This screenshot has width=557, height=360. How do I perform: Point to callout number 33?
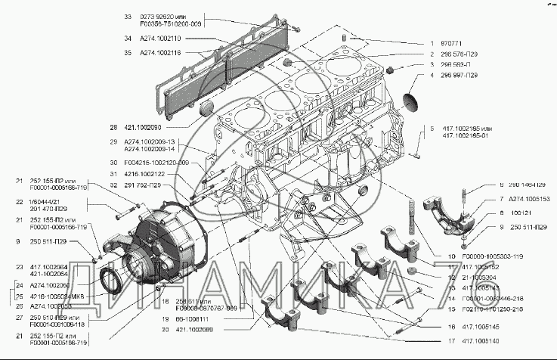point(127,15)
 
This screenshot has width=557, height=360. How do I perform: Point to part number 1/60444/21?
point(48,201)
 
